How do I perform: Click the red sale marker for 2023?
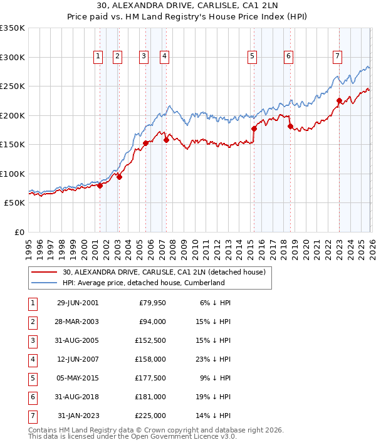click(x=339, y=100)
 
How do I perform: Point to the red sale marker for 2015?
click(x=254, y=128)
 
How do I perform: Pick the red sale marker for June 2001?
click(x=100, y=186)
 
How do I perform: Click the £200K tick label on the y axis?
click(x=13, y=115)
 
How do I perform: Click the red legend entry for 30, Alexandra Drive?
click(x=164, y=272)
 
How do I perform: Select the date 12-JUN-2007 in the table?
click(x=77, y=360)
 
